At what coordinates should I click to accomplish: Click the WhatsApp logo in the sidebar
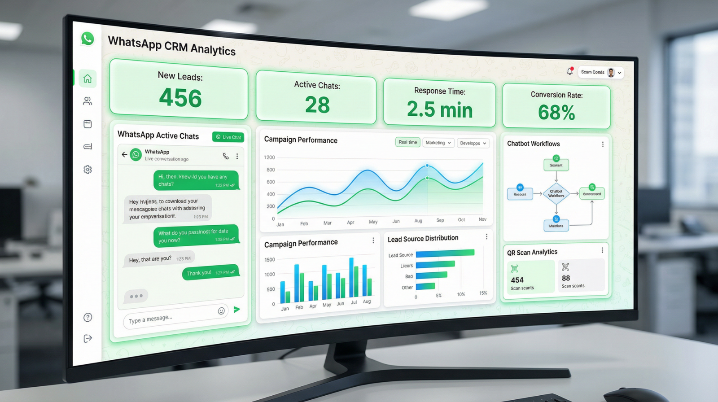[x=88, y=39]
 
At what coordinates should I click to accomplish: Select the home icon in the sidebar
[x=88, y=79]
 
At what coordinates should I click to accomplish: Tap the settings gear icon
[x=88, y=170]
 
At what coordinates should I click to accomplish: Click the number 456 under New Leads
[x=180, y=98]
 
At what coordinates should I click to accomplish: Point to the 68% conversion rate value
[x=556, y=112]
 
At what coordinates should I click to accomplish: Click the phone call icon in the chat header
[x=226, y=156]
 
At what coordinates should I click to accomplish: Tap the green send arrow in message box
[x=237, y=309]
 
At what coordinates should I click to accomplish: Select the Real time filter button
[x=408, y=142]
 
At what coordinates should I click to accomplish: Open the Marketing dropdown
[x=438, y=143]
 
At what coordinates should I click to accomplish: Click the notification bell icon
[x=569, y=71]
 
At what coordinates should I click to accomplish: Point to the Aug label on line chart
[x=418, y=221]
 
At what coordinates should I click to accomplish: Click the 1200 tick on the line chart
[x=269, y=157]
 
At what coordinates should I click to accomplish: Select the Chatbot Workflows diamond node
[x=556, y=193]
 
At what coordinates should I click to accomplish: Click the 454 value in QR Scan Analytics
[x=517, y=280]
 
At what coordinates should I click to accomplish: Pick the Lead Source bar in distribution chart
[x=445, y=253]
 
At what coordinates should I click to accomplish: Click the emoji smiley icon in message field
[x=221, y=311]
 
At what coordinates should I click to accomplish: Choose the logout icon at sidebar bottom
[x=88, y=338]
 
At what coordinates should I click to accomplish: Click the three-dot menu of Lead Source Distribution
[x=486, y=236]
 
